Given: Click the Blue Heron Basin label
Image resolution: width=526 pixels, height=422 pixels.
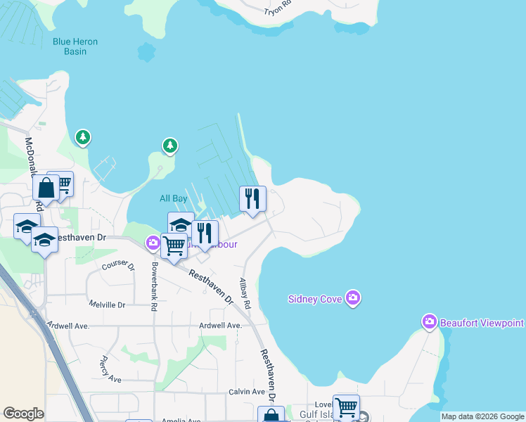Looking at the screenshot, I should click(75, 46).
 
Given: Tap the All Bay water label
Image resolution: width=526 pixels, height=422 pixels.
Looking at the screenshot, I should click(174, 199).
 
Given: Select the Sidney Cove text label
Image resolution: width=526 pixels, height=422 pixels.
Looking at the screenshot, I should click(315, 299).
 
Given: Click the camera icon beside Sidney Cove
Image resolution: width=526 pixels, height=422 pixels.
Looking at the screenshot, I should click(353, 298).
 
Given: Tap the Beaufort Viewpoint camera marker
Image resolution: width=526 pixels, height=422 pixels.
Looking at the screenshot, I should click(430, 322).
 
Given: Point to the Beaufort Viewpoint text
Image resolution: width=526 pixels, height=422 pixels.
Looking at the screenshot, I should click(482, 323).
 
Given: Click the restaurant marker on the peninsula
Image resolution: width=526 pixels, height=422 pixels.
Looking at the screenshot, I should click(252, 198).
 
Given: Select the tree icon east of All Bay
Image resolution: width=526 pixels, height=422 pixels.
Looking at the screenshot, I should click(169, 146).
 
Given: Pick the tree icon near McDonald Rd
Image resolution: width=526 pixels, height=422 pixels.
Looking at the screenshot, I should click(83, 136).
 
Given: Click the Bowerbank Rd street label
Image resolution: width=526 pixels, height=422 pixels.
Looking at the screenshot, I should click(154, 287).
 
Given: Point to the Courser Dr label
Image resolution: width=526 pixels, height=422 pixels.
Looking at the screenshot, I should click(118, 265).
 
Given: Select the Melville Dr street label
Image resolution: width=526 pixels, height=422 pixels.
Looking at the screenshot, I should click(107, 305).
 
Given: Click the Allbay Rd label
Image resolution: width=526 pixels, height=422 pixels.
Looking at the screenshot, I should click(245, 294).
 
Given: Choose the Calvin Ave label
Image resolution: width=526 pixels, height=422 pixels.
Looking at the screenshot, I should click(246, 392).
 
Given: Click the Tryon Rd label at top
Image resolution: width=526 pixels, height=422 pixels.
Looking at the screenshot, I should click(276, 8).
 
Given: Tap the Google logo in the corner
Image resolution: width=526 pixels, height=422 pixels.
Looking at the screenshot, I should click(23, 414).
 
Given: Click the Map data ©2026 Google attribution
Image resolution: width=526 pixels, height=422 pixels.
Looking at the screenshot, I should click(482, 416).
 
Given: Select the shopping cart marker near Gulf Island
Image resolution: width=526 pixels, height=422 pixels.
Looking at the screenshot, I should click(346, 407).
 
